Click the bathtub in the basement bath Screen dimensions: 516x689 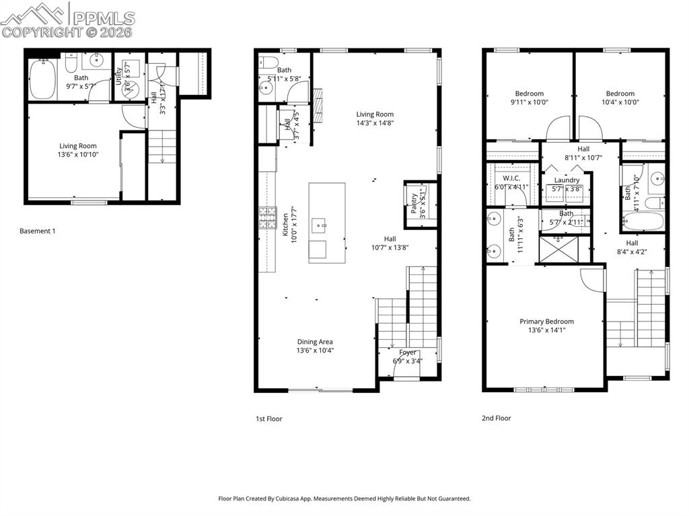(x=43, y=79)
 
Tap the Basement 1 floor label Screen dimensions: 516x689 (x=37, y=231)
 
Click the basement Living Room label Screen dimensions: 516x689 (x=78, y=146)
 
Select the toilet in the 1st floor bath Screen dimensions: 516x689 (x=269, y=63)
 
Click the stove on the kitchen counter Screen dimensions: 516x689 (x=264, y=217)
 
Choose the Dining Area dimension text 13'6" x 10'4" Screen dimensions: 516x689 (x=316, y=351)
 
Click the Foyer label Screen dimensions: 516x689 (x=408, y=353)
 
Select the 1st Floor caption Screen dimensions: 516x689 (x=268, y=418)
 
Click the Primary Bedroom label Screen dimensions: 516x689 (x=546, y=322)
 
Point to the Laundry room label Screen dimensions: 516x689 (x=567, y=180)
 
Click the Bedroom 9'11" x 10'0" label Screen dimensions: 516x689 (x=529, y=94)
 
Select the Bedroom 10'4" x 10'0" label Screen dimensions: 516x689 (x=620, y=94)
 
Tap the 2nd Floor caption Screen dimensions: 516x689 (x=496, y=418)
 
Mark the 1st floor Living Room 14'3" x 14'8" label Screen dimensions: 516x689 (x=375, y=114)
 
